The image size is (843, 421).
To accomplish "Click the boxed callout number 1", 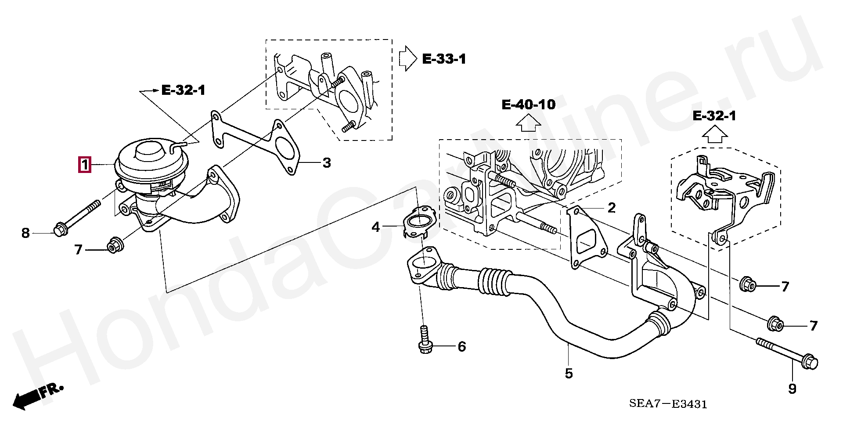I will coord(84,165).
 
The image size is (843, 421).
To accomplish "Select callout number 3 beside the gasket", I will coord(326,163).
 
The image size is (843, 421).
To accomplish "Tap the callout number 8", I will coord(25,233).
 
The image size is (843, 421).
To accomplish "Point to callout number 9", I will coord(793,389).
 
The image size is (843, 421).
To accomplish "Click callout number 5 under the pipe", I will coord(569,374).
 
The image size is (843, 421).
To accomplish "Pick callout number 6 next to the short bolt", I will coord(461,347).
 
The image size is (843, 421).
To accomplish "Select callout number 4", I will coord(376,227).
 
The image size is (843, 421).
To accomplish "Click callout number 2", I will coord(612,208).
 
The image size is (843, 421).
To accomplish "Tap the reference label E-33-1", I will coord(444,59).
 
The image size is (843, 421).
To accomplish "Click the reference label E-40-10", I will coord(529,104).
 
